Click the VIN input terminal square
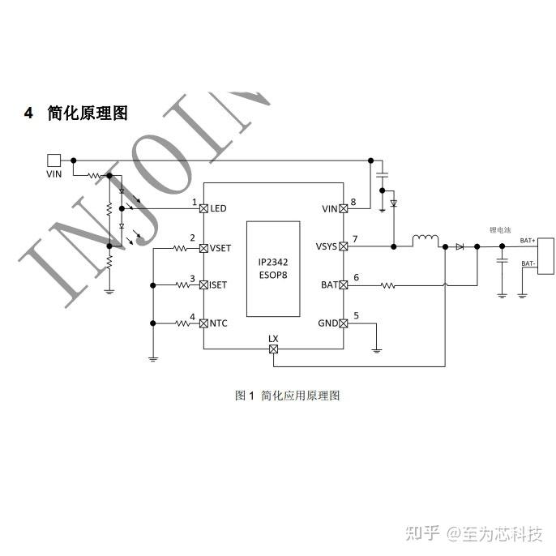54,160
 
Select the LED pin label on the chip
218,208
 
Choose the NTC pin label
218,323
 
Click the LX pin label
273,338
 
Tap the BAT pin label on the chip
329,284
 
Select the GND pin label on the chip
327,323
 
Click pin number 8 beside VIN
353,201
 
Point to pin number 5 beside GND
354,315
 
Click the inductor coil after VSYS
425,241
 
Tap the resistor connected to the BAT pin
387,285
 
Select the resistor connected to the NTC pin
178,323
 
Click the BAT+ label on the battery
527,241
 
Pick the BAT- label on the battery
527,263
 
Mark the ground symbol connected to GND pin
376,350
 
